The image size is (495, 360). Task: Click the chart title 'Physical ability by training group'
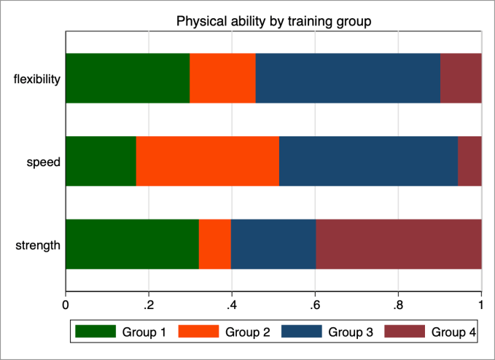[x=274, y=22]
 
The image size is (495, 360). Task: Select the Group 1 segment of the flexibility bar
[x=128, y=78]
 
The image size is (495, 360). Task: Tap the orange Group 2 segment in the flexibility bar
[x=222, y=78]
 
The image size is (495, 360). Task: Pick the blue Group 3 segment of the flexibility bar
[x=348, y=78]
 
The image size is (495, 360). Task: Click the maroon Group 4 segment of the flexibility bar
[x=461, y=78]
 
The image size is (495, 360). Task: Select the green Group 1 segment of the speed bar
[x=101, y=161]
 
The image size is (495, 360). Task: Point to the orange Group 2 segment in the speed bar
[x=208, y=161]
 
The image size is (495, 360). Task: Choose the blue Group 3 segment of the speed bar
[x=368, y=161]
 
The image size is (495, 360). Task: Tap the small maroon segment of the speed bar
[x=469, y=161]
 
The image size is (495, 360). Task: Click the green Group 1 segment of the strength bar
[x=132, y=244]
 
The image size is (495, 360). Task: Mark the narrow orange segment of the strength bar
[x=215, y=244]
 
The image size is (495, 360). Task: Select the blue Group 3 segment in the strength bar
[x=273, y=244]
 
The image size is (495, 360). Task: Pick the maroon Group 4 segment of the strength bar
[x=399, y=244]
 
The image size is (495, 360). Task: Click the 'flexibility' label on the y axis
[x=36, y=79]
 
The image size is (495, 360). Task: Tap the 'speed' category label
[x=43, y=162]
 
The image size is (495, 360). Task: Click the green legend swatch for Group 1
[x=96, y=332]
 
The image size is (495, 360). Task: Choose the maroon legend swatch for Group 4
[x=405, y=332]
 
